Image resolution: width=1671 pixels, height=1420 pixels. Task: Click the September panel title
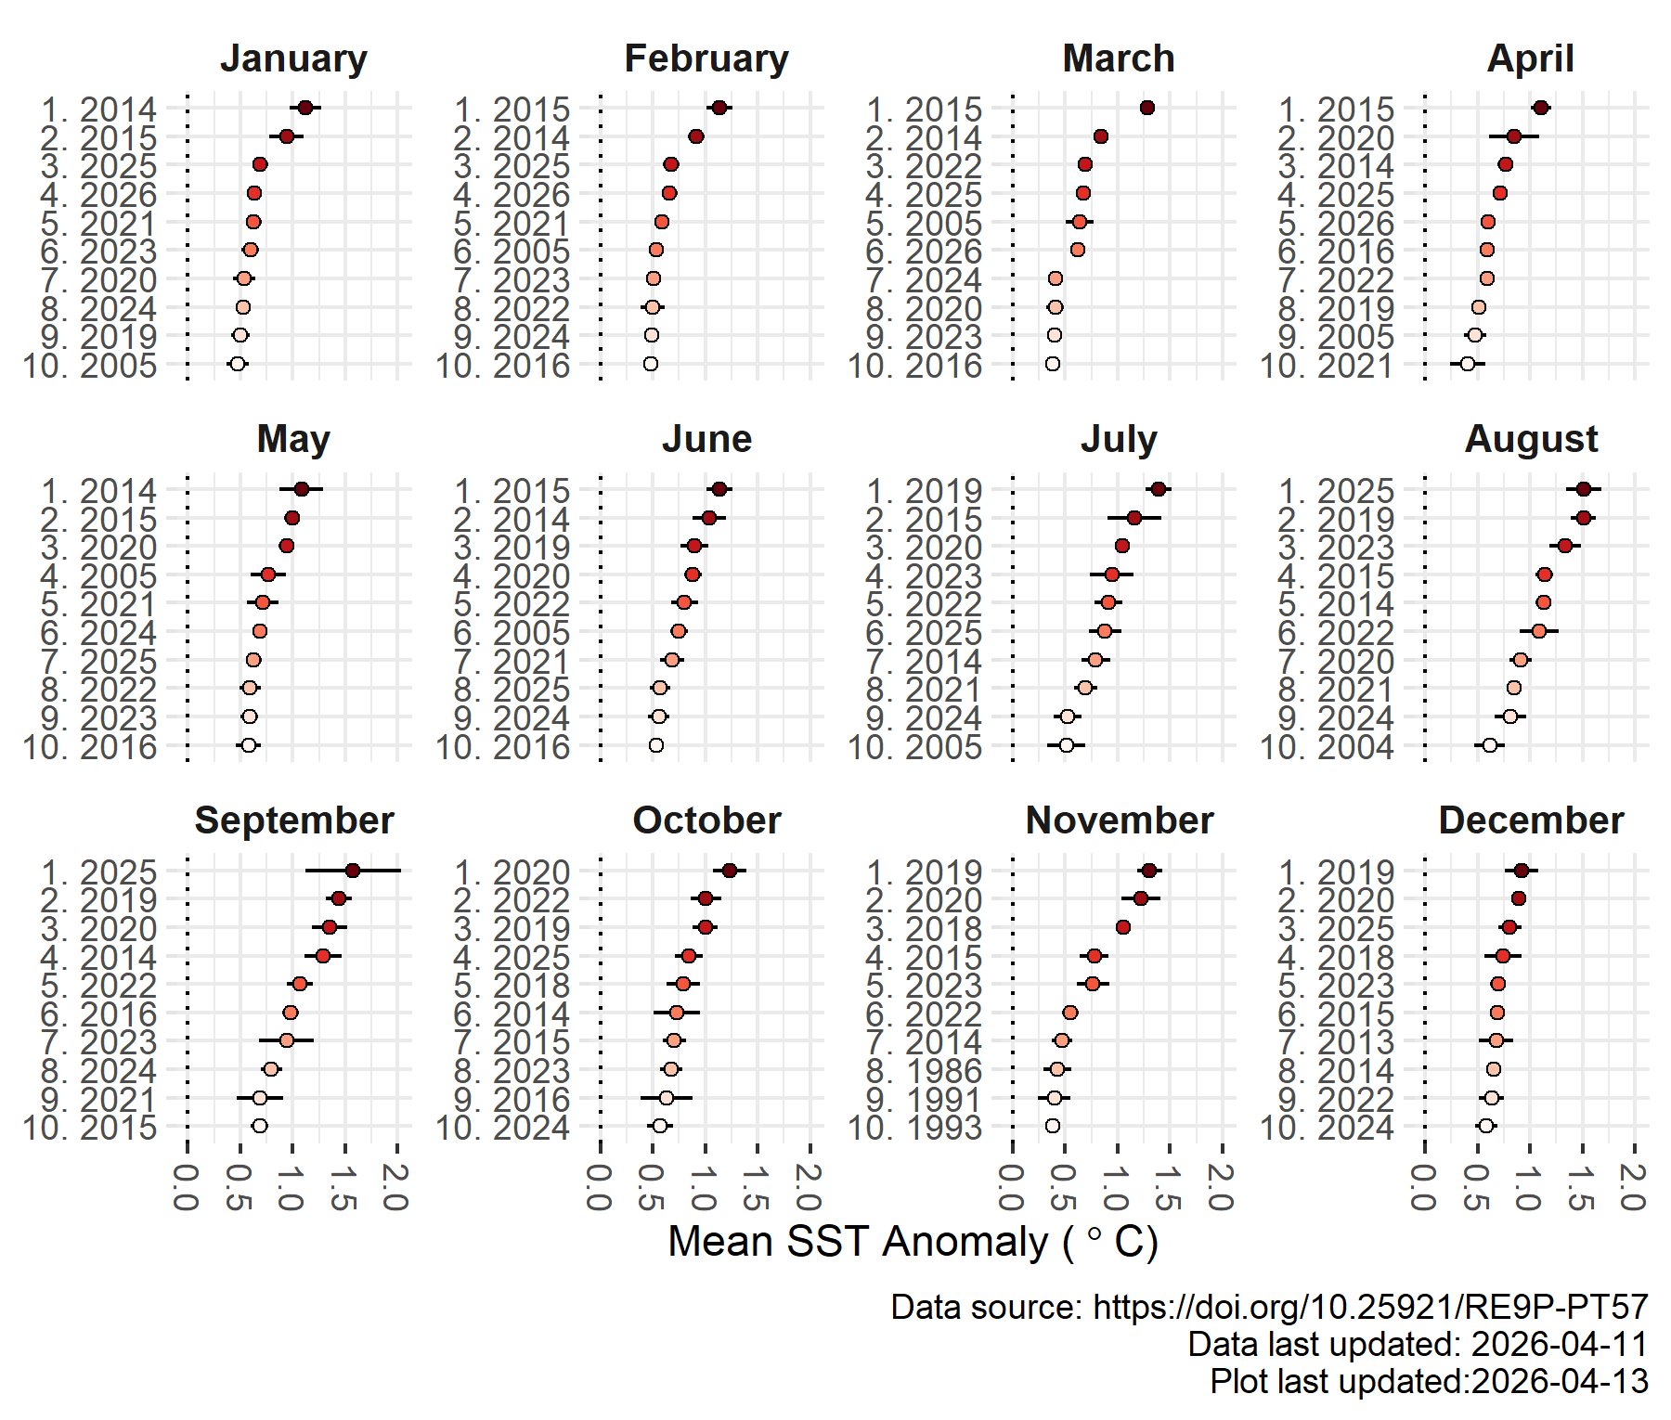(x=294, y=820)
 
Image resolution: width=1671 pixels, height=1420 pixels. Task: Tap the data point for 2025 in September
(x=353, y=871)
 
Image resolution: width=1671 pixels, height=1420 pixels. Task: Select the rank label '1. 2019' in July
(x=924, y=490)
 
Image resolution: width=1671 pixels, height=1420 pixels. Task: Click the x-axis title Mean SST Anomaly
(x=913, y=1242)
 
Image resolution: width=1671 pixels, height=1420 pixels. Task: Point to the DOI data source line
(x=1269, y=1307)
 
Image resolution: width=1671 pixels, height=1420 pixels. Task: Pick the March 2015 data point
(x=1147, y=109)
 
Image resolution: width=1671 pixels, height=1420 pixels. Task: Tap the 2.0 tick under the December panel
(x=1634, y=1187)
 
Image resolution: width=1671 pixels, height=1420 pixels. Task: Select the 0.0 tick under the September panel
(x=187, y=1187)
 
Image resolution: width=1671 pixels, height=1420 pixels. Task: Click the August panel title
(x=1531, y=439)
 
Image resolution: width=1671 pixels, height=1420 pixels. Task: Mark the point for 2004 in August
(x=1490, y=745)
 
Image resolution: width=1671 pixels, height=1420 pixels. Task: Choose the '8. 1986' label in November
(x=924, y=1070)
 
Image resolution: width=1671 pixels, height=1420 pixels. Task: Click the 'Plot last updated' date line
(x=1429, y=1381)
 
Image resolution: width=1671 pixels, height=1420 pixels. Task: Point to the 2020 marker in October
(x=730, y=871)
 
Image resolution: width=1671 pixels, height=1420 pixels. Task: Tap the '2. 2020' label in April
(x=1336, y=137)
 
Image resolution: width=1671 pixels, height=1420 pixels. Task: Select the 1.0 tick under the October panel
(x=704, y=1187)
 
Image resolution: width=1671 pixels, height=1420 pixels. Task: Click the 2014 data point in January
(x=305, y=109)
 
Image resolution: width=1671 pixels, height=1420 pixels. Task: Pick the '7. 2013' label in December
(x=1336, y=1041)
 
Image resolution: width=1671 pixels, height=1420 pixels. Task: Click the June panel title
(x=706, y=439)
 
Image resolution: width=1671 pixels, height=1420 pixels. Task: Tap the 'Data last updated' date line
(x=1418, y=1344)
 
